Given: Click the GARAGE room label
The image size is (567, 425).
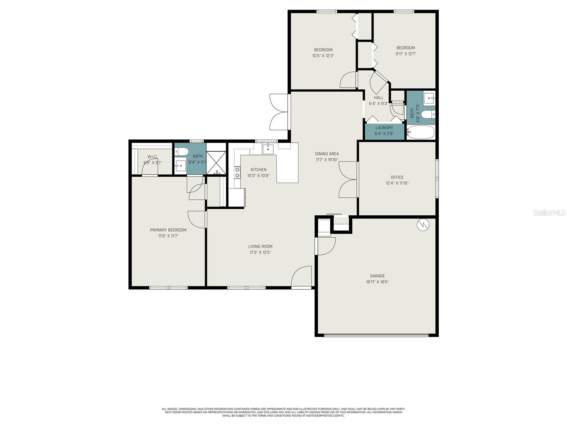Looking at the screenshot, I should coord(377,276).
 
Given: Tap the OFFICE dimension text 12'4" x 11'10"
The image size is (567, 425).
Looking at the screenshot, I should coord(397,183).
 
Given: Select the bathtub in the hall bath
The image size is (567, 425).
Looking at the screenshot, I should coord(421,133).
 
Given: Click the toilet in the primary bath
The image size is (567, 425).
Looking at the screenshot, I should coord(182,152).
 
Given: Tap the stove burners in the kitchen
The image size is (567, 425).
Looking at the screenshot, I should coord(237,172).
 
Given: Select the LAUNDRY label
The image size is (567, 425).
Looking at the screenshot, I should coord(384,127).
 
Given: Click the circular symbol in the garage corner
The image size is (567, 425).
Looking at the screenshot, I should coord(423,225).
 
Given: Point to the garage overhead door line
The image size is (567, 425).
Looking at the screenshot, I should coord(377,334).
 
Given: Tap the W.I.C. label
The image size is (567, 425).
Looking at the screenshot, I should coord(152,157).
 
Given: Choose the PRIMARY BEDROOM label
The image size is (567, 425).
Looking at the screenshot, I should coord(168,230).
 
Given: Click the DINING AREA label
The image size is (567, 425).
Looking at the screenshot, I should coord(327,154).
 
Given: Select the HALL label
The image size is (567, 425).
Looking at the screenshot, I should coord(378,98).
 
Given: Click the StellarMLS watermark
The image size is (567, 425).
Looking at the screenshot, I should coord(550,213).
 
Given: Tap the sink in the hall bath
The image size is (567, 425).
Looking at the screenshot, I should coord(430,97).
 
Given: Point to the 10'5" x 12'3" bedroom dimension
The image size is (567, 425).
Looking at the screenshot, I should coord(323,56).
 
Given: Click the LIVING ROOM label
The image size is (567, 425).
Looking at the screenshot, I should coord(260,246).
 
